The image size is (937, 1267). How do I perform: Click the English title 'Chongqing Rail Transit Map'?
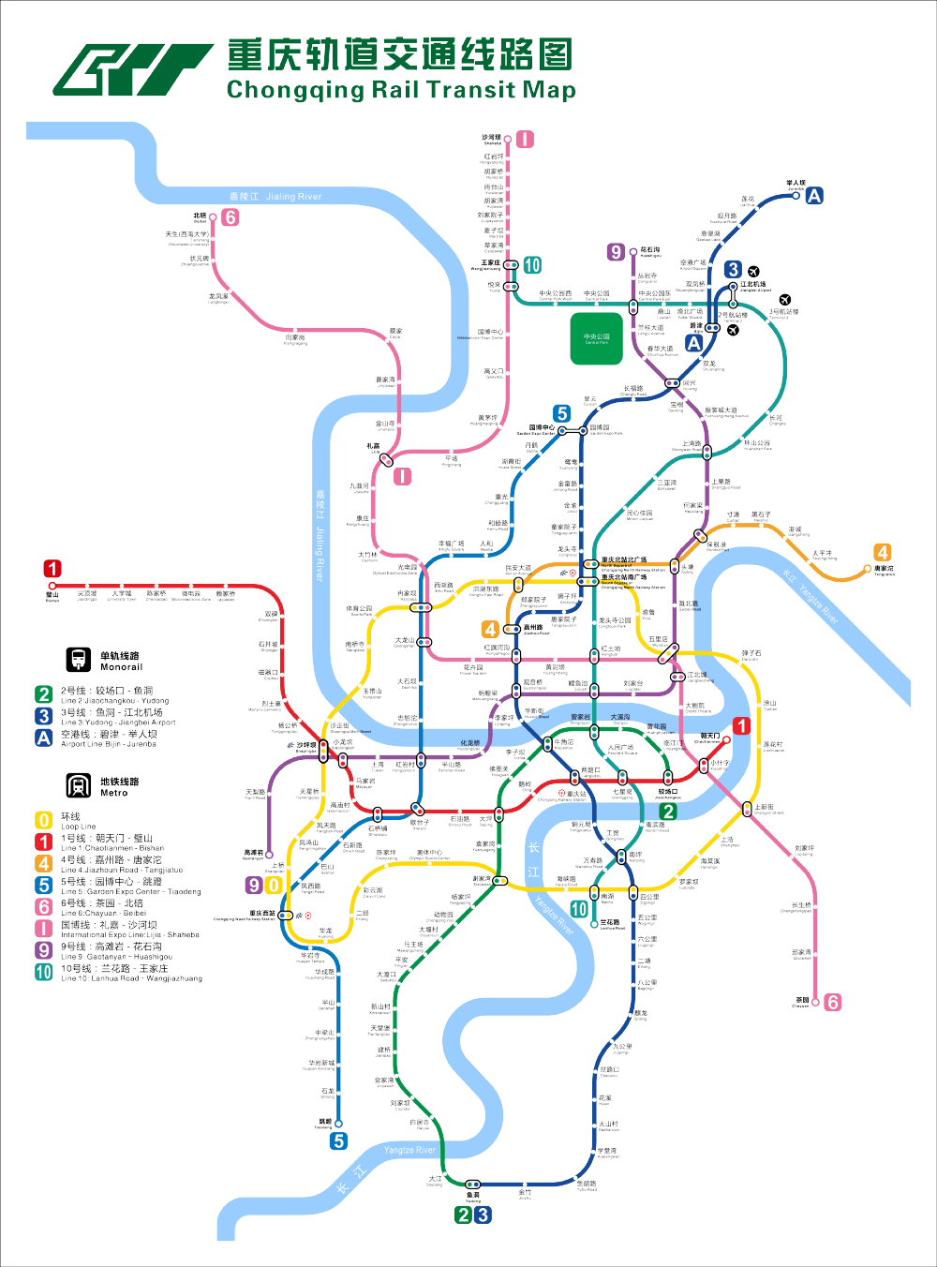(401, 90)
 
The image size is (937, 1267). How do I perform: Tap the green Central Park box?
(597, 338)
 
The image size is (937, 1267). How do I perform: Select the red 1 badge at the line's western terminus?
(52, 569)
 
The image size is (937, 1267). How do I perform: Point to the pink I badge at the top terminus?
(525, 140)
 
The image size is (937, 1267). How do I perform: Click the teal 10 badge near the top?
(531, 265)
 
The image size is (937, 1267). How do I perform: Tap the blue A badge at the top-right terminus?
(814, 195)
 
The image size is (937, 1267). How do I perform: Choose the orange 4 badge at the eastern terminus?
(882, 552)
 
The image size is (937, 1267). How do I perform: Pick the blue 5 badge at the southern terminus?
(338, 1140)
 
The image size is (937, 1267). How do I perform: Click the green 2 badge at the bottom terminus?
(463, 1215)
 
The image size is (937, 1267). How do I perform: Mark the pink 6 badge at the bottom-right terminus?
(832, 1002)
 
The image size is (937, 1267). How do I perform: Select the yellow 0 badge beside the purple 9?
(274, 885)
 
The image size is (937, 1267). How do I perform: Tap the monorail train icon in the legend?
(79, 660)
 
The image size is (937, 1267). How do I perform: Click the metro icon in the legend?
(79, 785)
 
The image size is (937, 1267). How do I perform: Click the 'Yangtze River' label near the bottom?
(409, 1150)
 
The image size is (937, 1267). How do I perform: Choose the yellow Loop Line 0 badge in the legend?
(44, 820)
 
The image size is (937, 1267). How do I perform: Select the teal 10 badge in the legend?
(44, 973)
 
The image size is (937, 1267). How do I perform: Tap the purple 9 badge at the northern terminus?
(616, 251)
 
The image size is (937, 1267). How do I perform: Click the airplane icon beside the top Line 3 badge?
(753, 272)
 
